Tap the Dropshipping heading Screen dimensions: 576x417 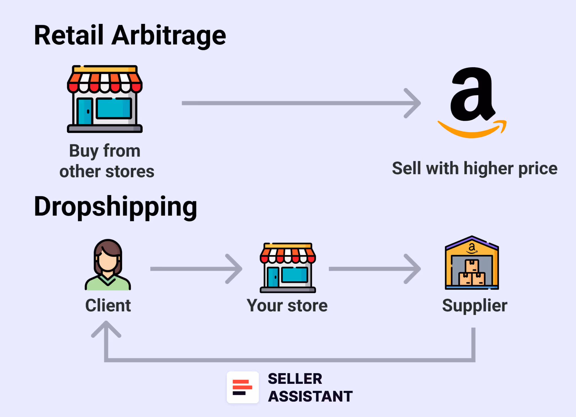point(115,207)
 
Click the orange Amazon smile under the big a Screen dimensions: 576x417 point(472,130)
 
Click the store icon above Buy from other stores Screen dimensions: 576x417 point(105,99)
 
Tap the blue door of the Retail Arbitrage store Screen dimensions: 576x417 point(85,111)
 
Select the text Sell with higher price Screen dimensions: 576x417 point(474,169)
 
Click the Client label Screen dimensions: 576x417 point(108,306)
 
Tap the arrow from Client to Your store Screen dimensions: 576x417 point(196,269)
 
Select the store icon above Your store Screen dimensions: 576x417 point(288,268)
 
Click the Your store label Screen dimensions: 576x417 point(287,306)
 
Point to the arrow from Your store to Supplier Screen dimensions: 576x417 point(374,269)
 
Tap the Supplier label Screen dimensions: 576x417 point(474,306)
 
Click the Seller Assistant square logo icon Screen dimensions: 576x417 point(243,387)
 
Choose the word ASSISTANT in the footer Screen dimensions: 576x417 point(310,396)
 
